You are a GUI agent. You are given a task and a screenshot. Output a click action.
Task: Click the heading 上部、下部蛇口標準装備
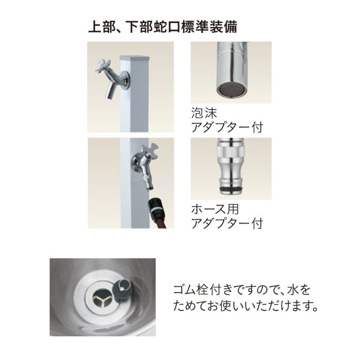[163, 27]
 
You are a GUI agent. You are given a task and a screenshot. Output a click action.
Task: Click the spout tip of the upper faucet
[109, 97]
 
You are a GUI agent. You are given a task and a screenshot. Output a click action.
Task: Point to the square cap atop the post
[135, 58]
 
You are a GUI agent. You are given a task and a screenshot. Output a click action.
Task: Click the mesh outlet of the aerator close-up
[232, 90]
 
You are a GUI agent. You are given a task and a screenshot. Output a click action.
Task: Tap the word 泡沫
[204, 113]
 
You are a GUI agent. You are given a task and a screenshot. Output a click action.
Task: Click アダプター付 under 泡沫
[227, 127]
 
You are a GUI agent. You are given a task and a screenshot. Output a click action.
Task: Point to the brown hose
[161, 222]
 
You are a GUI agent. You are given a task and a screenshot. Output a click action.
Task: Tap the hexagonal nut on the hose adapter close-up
[230, 151]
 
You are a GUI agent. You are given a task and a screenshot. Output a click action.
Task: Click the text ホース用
[215, 209]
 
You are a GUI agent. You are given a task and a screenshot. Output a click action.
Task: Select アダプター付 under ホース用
[227, 224]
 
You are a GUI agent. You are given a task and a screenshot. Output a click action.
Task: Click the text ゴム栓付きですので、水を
[242, 290]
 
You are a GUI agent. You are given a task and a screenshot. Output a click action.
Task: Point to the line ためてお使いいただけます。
[246, 306]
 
